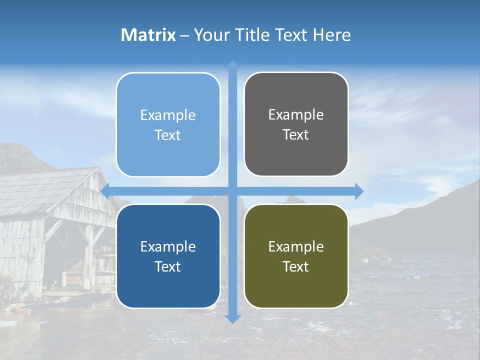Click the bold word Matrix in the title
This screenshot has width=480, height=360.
pyautogui.click(x=148, y=35)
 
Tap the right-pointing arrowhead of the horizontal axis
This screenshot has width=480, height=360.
pyautogui.click(x=359, y=191)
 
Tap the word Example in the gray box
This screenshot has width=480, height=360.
pyautogui.click(x=296, y=115)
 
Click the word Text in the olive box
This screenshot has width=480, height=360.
pyautogui.click(x=296, y=267)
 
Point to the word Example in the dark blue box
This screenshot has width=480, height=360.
pyautogui.click(x=168, y=246)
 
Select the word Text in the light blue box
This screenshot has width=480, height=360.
pyautogui.click(x=168, y=135)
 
